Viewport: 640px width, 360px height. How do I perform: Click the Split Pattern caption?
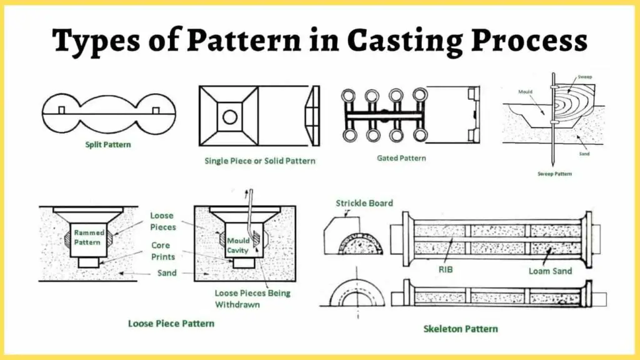tap(109, 144)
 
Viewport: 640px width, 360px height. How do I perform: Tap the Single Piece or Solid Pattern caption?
tap(260, 161)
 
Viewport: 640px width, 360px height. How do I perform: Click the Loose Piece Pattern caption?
tap(171, 323)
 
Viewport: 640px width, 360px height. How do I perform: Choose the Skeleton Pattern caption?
tap(461, 328)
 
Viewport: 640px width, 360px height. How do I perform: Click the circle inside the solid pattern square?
tap(229, 116)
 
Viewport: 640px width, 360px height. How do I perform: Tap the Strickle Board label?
tap(364, 203)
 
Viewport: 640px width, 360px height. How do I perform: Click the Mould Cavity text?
tap(238, 245)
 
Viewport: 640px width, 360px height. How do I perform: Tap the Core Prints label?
tap(163, 251)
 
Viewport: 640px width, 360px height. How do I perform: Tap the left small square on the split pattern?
tap(62, 111)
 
